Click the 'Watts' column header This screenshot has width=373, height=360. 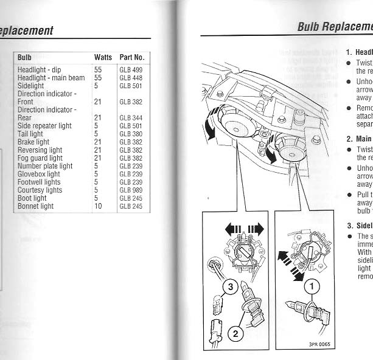[103, 57]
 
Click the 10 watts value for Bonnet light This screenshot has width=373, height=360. [98, 206]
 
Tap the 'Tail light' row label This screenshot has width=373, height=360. [30, 134]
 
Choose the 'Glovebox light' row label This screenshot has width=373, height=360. [39, 174]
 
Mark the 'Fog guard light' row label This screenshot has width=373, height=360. [40, 158]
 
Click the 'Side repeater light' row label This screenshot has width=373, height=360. [44, 126]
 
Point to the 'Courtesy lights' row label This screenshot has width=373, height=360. [40, 190]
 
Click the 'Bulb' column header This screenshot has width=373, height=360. [25, 57]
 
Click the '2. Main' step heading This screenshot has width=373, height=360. [358, 138]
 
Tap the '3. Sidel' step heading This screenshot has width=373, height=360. [359, 226]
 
